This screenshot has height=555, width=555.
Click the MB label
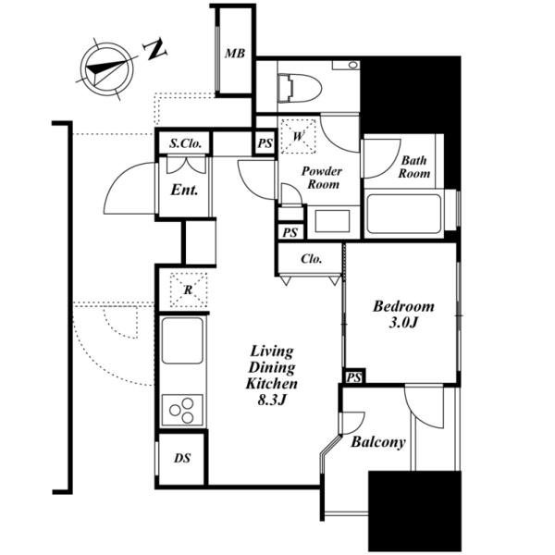click(235, 54)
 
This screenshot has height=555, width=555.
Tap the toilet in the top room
click(300, 88)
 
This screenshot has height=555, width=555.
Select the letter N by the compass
click(155, 49)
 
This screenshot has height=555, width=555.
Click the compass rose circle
click(106, 68)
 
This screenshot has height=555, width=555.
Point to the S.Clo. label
click(186, 143)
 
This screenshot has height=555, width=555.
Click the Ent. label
click(184, 190)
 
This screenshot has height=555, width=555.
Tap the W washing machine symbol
click(298, 136)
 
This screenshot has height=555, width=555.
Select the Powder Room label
click(322, 178)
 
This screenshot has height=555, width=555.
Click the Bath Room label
click(414, 166)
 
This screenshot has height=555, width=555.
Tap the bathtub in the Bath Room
click(404, 214)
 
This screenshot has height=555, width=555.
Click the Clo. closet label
click(312, 259)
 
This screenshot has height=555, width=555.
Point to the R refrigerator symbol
click(189, 290)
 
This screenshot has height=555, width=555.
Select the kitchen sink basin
click(182, 340)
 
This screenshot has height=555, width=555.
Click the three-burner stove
click(182, 410)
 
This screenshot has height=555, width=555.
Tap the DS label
click(182, 459)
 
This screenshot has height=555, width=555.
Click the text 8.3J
click(272, 400)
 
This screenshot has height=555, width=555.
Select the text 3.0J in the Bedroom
click(403, 323)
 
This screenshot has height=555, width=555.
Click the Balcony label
click(378, 442)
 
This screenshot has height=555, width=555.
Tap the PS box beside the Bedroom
click(354, 376)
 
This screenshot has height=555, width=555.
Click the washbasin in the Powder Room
click(332, 221)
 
